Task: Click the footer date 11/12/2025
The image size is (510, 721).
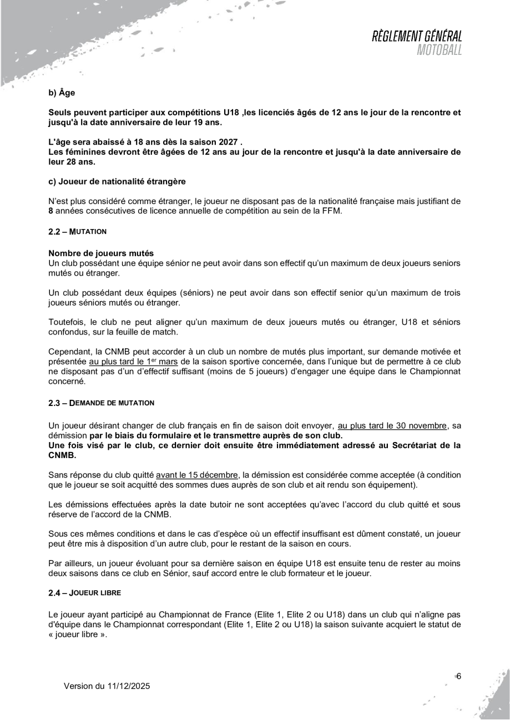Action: (127, 686)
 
